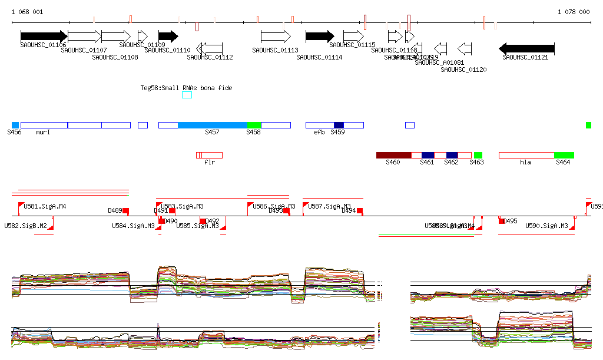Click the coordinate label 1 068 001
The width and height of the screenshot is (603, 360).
coord(26,12)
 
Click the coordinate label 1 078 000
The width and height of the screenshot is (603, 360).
coord(573,12)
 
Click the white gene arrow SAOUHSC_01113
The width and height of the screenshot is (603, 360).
coord(276,37)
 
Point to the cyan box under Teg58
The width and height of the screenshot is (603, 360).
coord(187,95)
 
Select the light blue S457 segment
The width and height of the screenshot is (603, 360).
coord(212,125)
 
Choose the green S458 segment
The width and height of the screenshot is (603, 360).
coord(254,125)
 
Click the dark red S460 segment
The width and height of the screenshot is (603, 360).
coord(393,155)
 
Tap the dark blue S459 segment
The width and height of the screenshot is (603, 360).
coord(339,125)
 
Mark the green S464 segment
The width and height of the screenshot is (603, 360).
coord(564,155)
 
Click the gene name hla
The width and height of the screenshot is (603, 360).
coord(525,162)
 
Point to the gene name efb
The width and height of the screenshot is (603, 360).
coord(319,132)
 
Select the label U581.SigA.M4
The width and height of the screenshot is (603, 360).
coord(45,206)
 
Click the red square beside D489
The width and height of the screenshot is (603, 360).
coord(125,211)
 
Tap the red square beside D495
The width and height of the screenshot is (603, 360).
coord(502,221)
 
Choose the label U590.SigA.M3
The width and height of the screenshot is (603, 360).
coord(546,226)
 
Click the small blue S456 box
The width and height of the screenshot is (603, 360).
coord(15,125)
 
